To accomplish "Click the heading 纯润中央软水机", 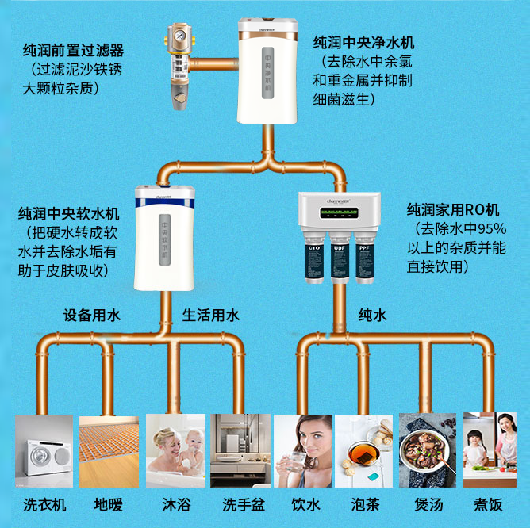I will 69,214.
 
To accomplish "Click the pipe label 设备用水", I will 92,316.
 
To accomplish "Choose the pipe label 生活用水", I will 211,316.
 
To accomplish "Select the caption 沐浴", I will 175,504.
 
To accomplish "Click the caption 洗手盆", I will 239,504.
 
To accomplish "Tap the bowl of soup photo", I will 427,455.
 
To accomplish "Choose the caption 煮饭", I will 489,504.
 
